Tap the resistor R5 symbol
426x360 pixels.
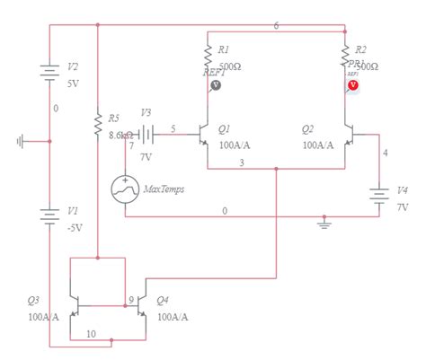click(98, 125)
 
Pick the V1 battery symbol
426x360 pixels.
click(49, 215)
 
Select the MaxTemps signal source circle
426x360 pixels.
click(125, 189)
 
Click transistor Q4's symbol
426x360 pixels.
click(141, 308)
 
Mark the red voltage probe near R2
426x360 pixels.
click(352, 84)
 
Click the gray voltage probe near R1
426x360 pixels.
click(215, 85)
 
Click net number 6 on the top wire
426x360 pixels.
click(276, 25)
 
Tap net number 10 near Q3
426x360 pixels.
click(91, 333)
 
